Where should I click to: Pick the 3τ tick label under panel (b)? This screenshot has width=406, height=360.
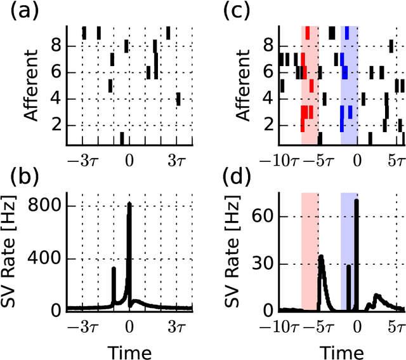[176, 328]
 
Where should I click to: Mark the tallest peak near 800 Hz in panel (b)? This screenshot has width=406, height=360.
[129, 204]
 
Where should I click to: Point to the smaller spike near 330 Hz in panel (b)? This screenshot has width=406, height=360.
[114, 269]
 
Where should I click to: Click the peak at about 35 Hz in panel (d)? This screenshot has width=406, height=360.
[321, 257]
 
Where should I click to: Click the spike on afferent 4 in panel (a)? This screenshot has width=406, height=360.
[178, 99]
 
